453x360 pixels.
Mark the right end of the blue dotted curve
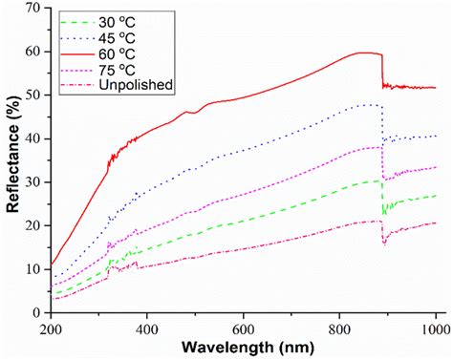[x=436, y=137]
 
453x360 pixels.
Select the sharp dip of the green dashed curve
[x=384, y=213]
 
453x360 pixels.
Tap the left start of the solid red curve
[x=51, y=265]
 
